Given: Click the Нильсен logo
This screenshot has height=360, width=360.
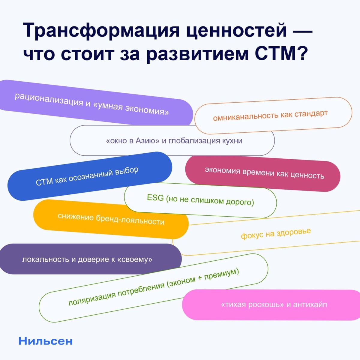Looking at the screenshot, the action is coord(46,341).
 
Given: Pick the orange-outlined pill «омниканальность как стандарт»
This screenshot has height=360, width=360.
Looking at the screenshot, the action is coord(270,115).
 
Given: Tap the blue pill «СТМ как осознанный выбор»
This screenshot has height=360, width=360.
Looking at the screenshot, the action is coord(87,176).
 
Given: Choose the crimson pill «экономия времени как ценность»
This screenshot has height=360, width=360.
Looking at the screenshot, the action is coord(264,173).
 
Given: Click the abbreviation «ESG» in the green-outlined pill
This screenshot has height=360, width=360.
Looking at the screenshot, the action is coord(155,198).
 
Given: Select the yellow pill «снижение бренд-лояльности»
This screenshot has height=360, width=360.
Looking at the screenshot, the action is coord(111,219).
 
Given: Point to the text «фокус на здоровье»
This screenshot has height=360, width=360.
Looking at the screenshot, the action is coord(276,233).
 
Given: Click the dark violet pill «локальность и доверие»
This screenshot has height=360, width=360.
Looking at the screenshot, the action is coord(87,259).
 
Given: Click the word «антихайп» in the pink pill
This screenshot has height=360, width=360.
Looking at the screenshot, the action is coord(310,305).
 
